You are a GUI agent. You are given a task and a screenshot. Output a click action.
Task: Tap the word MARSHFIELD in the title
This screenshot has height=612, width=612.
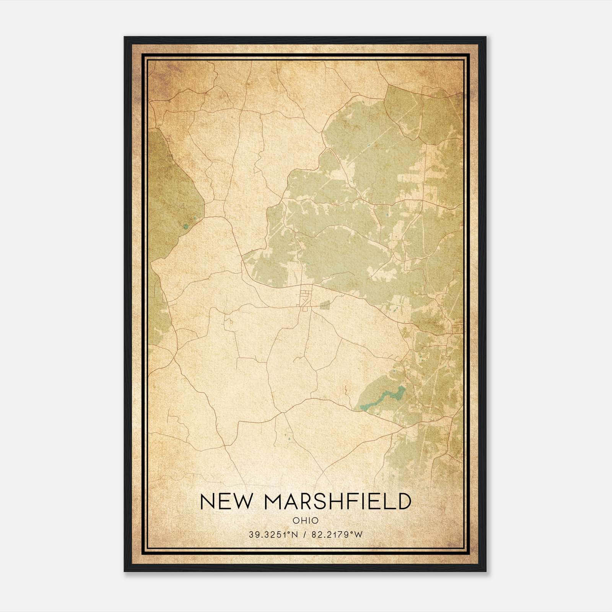[x=336, y=501]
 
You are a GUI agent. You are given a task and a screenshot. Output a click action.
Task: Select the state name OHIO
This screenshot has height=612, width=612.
[x=306, y=520]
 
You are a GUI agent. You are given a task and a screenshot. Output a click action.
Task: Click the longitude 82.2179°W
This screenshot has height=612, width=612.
[x=336, y=535]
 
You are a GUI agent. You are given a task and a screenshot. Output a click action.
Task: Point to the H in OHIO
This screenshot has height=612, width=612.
[x=303, y=520]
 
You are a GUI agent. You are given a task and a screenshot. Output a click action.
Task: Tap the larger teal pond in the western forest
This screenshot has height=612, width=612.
[x=186, y=226]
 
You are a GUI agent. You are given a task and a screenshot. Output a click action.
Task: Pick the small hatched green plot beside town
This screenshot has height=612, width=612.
[x=325, y=305]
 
